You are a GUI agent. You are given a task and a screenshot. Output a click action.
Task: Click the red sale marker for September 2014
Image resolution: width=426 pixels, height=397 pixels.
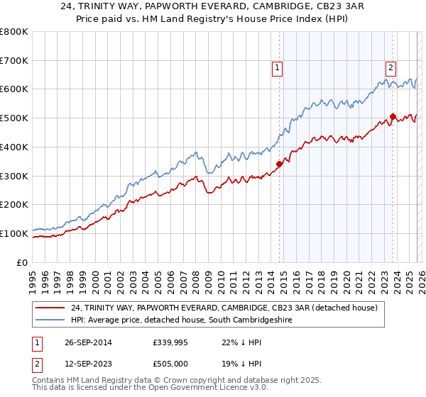tap(279, 164)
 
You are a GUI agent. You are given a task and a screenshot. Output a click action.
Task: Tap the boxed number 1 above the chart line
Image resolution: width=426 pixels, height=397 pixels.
tap(276, 68)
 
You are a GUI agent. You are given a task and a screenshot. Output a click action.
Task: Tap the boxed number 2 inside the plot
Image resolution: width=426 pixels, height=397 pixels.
tap(390, 68)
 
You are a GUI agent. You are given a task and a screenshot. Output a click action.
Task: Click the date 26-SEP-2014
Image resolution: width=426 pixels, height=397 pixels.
tap(87, 342)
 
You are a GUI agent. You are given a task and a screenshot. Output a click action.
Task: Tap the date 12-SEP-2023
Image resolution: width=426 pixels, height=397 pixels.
tap(87, 364)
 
